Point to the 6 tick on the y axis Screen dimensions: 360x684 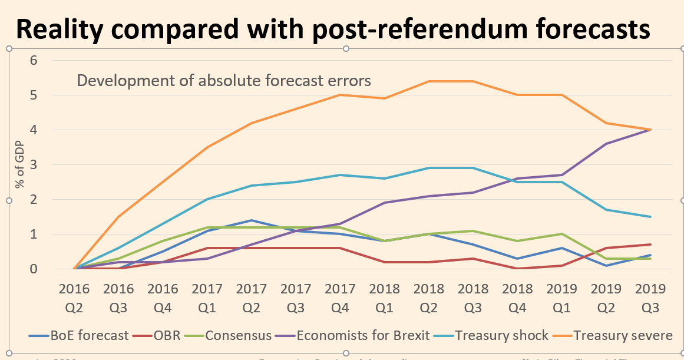pos(34,60)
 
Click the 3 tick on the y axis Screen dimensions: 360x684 pos(34,164)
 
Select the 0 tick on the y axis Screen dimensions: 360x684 pos(34,269)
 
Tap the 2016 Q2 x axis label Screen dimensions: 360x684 pos(74,298)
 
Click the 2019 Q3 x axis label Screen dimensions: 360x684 pos(651,298)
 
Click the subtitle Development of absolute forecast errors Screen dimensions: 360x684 pos(224,80)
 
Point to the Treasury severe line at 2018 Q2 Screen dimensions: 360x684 pos(429,81)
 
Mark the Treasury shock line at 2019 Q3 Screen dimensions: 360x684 pos(651,217)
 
